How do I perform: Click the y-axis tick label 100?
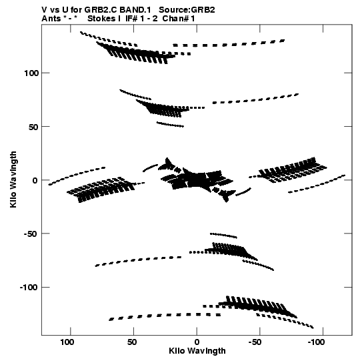pyautogui.click(x=31, y=73)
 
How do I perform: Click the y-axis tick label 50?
pyautogui.click(x=33, y=127)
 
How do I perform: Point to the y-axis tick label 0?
pyautogui.click(x=35, y=181)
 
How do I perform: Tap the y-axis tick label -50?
pyautogui.click(x=31, y=234)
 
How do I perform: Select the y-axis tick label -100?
pyautogui.click(x=28, y=288)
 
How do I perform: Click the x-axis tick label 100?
pyautogui.click(x=67, y=342)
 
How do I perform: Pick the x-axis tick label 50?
pyautogui.click(x=132, y=342)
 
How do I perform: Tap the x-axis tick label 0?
pyautogui.click(x=197, y=342)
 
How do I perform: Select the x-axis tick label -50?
pyautogui.click(x=255, y=342)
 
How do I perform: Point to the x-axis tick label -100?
pyautogui.click(x=316, y=342)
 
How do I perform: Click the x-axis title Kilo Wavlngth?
pyautogui.click(x=197, y=351)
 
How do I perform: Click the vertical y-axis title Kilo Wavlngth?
pyautogui.click(x=13, y=179)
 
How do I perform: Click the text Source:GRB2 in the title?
pyautogui.click(x=187, y=10)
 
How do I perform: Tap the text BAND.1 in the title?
pyautogui.click(x=135, y=10)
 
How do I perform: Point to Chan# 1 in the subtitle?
pyautogui.click(x=179, y=19)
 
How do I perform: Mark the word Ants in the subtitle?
pyautogui.click(x=51, y=19)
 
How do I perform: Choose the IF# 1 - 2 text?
pyautogui.click(x=141, y=19)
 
